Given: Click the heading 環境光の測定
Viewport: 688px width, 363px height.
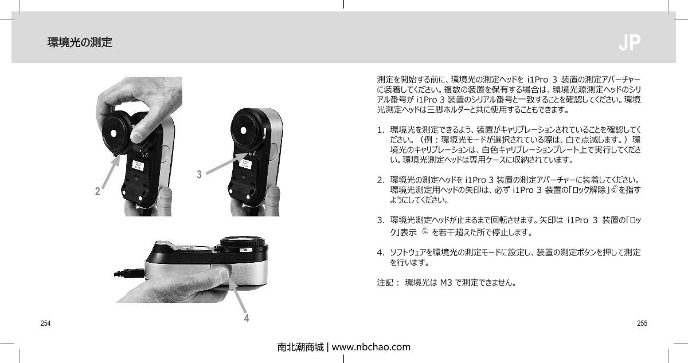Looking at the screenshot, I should pos(80,42).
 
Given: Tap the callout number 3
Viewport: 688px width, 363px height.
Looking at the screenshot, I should pos(199,174).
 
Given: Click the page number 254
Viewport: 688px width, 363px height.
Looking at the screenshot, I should pos(45,323).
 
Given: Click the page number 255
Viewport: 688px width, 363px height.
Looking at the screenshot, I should pos(642,323).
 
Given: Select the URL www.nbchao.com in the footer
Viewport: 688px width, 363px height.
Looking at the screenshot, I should pos(372,347).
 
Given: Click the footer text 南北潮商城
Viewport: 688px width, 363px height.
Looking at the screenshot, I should pos(300,347).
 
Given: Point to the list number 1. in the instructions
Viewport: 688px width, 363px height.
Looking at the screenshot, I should pos(381,131).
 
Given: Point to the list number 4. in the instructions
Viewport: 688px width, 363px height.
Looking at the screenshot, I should pos(381,252).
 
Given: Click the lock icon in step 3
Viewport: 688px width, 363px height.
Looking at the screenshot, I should pos(425,231).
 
